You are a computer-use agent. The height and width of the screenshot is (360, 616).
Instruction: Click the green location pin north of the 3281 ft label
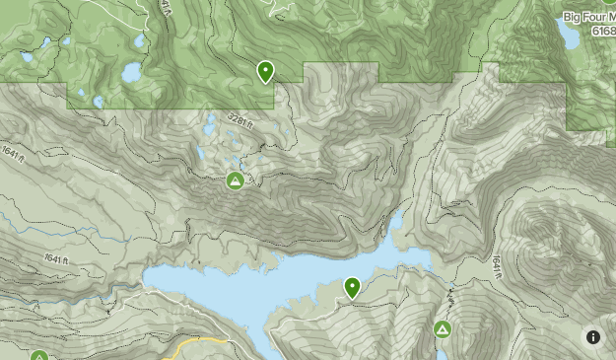click(x=265, y=71)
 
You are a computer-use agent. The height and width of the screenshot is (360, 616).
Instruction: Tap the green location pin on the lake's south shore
click(x=352, y=287)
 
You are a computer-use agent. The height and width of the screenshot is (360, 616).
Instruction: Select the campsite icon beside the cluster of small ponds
click(x=235, y=180)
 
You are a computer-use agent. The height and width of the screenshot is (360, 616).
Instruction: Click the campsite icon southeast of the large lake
click(x=443, y=328)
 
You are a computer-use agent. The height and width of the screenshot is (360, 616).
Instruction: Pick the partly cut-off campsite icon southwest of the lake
click(x=39, y=355)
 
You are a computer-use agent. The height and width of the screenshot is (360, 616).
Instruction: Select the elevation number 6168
click(x=603, y=32)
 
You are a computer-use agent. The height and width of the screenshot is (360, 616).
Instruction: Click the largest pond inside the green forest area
click(x=131, y=73)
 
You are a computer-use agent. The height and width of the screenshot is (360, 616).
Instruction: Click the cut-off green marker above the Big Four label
click(x=608, y=3)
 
